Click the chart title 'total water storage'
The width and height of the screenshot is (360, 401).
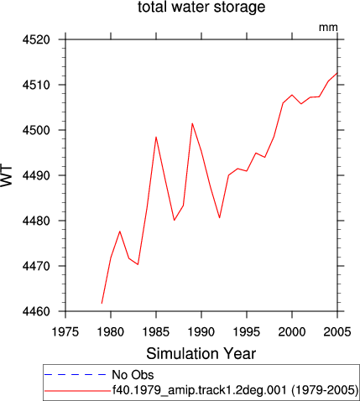coord(201,7)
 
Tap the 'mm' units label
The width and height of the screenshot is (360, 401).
coord(328,28)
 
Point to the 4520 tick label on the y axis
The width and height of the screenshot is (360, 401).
coord(36,39)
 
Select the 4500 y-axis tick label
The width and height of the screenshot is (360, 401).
coord(36,130)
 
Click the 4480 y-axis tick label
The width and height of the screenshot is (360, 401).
coord(36,221)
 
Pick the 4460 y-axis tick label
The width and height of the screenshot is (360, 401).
coord(36,311)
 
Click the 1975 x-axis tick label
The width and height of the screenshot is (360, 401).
coord(65,332)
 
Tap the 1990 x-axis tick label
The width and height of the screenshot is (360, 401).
coord(201,332)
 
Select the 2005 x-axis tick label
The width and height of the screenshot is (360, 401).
coord(337,332)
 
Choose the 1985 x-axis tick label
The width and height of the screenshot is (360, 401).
coord(156,332)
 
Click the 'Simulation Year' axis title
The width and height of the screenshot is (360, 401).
coord(201,353)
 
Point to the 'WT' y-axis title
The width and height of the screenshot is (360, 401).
coord(7,176)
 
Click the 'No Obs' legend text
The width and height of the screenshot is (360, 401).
coord(133,375)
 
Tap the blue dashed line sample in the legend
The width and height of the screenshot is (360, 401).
coord(76,375)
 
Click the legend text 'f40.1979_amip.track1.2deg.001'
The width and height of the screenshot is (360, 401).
coord(200,390)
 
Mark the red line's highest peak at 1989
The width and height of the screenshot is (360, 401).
coord(192,123)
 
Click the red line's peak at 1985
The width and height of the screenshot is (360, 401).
coord(156,137)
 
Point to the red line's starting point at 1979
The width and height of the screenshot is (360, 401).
coord(102,304)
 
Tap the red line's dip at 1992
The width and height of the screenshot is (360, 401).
coord(220,218)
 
